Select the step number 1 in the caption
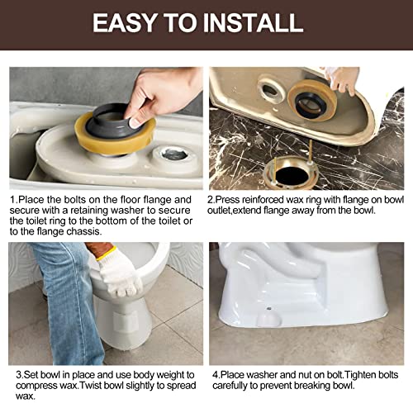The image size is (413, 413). (12, 199)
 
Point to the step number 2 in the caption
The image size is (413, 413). (212, 199)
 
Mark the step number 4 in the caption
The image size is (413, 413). (212, 374)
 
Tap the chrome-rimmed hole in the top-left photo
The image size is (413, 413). (175, 154)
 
